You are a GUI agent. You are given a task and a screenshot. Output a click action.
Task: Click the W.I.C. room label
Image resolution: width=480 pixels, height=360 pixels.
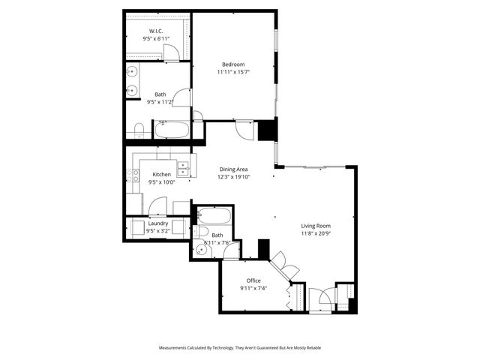coord(157,30)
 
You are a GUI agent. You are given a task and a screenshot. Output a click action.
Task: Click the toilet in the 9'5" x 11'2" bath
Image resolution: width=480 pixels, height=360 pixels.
coord(139,129)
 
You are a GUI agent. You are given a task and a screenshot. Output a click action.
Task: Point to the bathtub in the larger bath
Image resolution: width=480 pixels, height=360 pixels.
coord(172,130)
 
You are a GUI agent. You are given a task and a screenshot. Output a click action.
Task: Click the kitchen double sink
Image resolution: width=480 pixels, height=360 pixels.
coord(183,167)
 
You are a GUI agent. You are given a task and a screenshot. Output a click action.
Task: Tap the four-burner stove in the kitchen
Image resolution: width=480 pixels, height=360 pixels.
coord(133,176)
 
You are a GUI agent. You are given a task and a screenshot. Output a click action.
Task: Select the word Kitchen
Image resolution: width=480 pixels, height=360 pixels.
coord(161,174)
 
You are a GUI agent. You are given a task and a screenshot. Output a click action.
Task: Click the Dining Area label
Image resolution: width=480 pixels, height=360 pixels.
coord(233,169)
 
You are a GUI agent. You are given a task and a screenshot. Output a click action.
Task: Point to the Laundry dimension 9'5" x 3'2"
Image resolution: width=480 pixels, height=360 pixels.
coord(157,230)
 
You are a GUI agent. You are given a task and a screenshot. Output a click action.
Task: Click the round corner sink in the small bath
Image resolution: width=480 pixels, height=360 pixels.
coord(201,250)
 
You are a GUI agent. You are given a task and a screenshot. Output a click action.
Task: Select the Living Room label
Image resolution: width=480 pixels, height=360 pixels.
coord(316,226)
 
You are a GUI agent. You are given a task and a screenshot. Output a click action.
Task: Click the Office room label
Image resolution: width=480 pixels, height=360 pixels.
coord(253,280)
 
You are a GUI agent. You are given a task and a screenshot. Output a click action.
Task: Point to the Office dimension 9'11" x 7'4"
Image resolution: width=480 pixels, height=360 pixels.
coord(253,288)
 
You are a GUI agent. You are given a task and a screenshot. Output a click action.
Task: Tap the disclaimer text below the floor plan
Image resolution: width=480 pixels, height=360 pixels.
coord(240,348)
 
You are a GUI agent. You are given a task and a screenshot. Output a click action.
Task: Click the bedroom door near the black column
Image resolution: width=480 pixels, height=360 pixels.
coord(245,129)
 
